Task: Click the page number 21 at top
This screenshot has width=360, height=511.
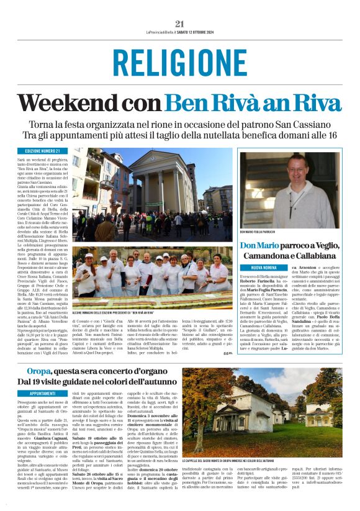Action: point(180,24)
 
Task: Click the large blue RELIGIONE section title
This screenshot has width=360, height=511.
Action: point(180,63)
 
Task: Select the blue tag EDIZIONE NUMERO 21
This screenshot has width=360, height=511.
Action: point(43,151)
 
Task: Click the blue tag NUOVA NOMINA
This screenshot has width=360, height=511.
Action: point(258,267)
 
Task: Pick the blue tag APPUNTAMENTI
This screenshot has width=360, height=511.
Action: point(43,393)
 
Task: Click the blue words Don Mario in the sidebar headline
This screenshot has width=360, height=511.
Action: point(260,246)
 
